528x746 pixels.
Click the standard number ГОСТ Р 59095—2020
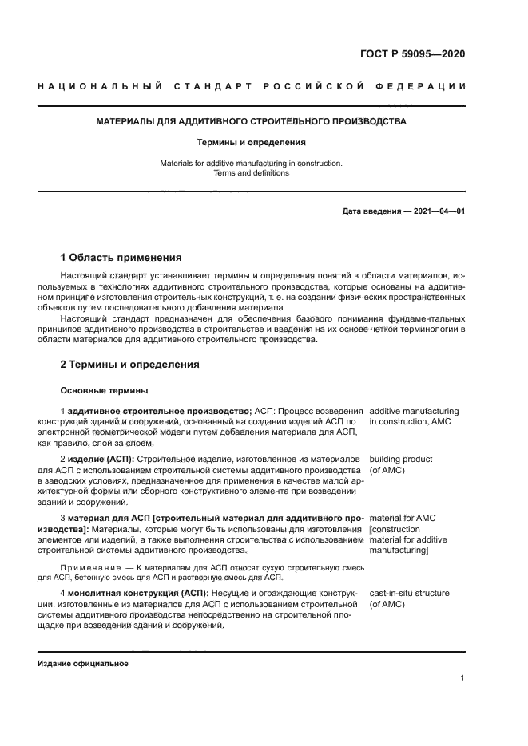[x=412, y=54]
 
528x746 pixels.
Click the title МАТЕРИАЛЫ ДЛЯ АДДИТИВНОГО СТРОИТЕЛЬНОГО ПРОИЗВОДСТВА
[x=252, y=122]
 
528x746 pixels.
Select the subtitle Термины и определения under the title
[x=252, y=143]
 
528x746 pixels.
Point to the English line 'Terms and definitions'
[x=252, y=172]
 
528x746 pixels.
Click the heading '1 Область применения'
[x=121, y=258]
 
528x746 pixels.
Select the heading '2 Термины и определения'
[x=129, y=365]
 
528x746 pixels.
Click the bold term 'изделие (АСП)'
[x=101, y=460]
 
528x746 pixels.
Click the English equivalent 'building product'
[x=401, y=460]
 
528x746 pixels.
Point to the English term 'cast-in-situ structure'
[x=409, y=594]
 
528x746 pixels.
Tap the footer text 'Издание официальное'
[x=82, y=663]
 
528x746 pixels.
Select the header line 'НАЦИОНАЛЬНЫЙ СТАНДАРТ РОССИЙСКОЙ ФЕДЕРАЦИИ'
[x=252, y=86]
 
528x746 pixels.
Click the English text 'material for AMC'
[x=402, y=518]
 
